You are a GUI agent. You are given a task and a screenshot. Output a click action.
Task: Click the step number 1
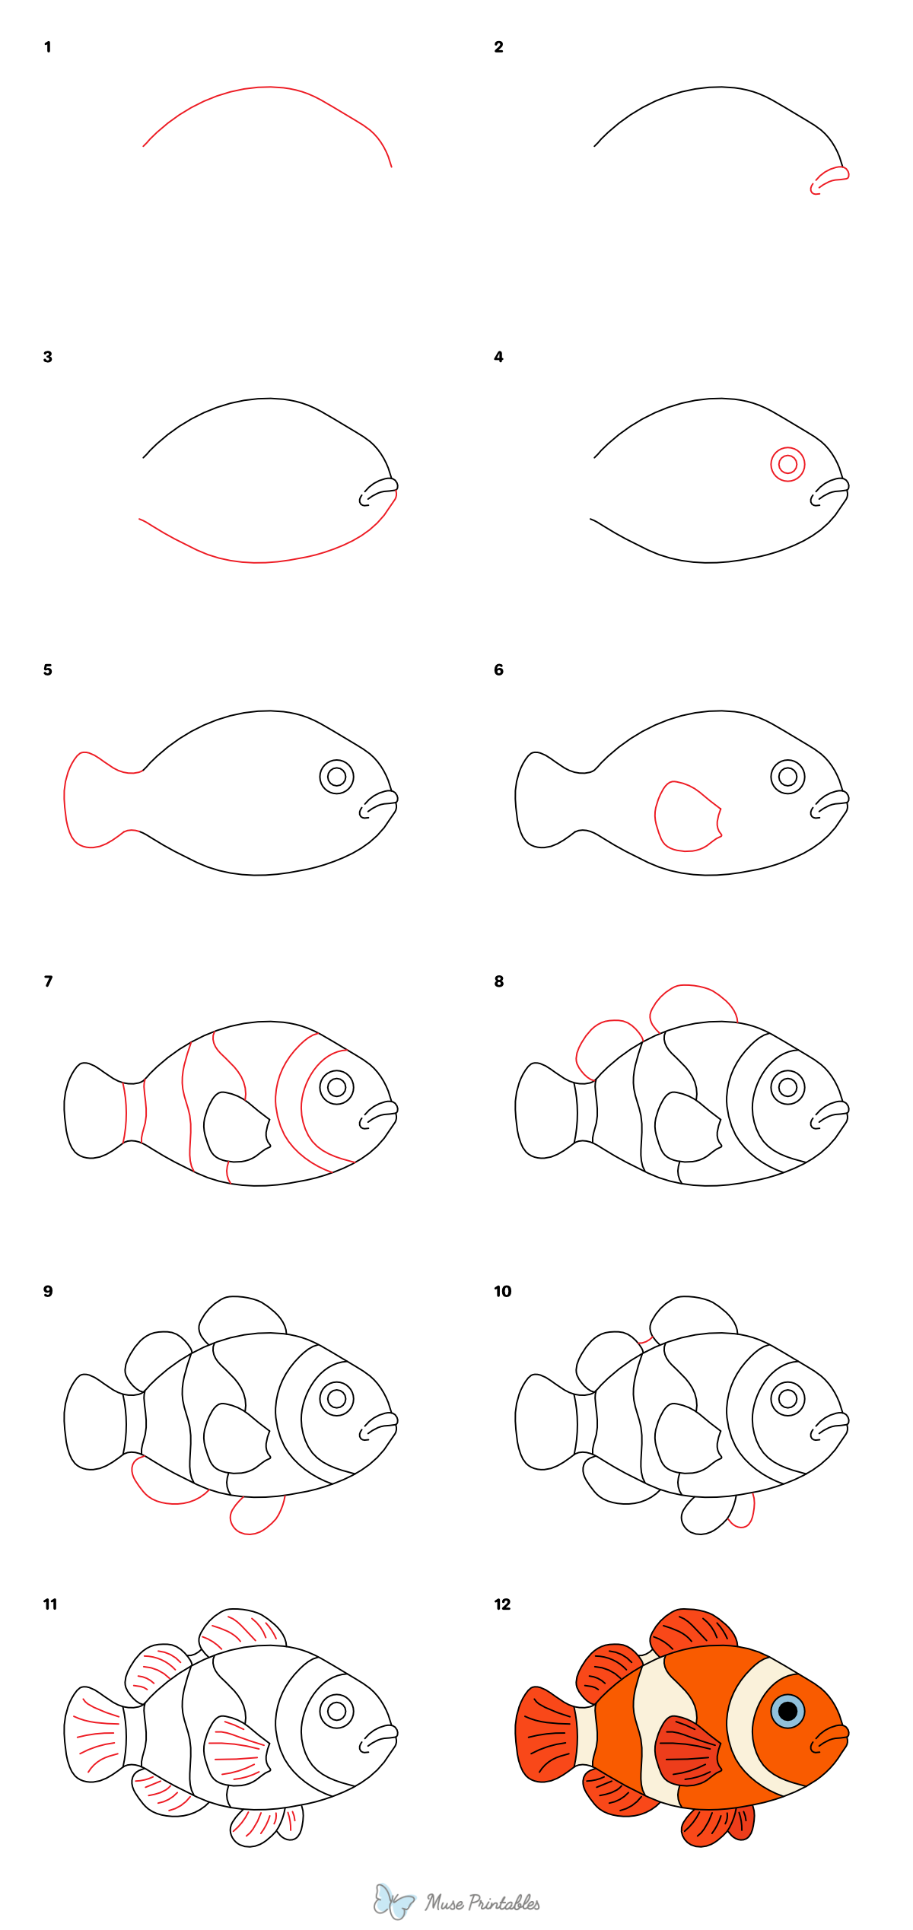tap(47, 47)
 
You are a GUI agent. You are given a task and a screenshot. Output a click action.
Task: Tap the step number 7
tap(48, 981)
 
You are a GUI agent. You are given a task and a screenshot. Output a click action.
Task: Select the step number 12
tap(502, 1604)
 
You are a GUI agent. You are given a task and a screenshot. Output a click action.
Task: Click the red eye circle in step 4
tap(787, 464)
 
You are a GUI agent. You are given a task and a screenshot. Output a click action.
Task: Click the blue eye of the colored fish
tap(787, 1712)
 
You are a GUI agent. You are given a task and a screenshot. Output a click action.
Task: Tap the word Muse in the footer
tap(444, 1903)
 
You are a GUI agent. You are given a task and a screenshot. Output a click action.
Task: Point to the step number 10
tap(502, 1291)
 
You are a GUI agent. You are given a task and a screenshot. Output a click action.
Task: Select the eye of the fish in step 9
tap(336, 1397)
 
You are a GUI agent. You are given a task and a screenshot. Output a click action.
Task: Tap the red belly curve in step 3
tap(259, 561)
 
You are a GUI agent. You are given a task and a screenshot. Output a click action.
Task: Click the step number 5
tap(47, 669)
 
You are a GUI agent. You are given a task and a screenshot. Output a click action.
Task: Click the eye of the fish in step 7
tap(336, 1087)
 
